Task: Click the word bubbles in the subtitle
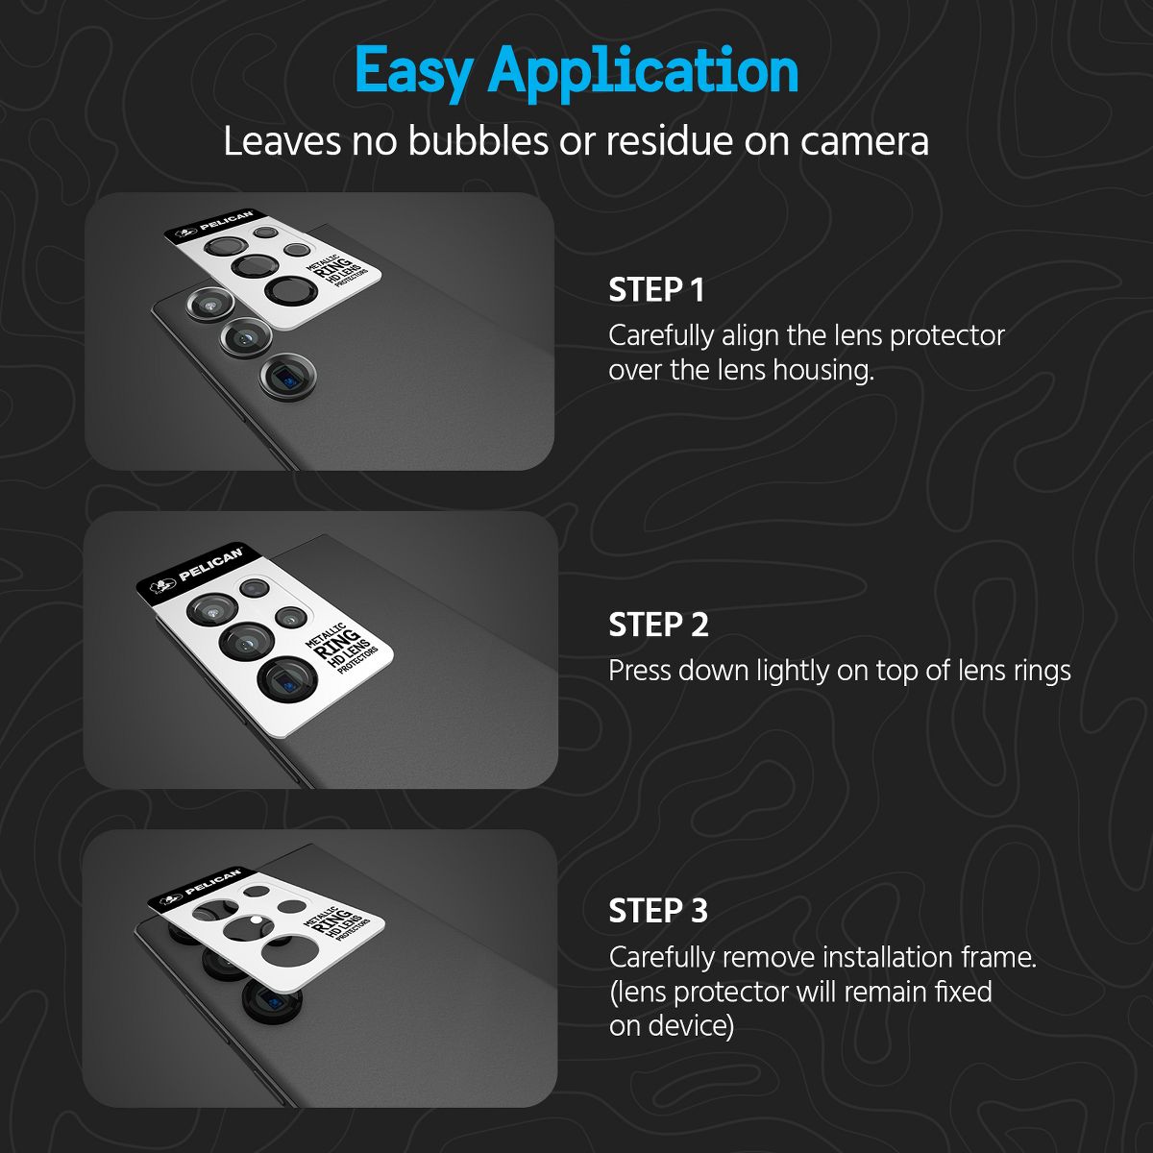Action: (478, 141)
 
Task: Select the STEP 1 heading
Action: (656, 290)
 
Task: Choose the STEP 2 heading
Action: (658, 625)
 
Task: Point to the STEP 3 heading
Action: (658, 911)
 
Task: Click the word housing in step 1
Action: (822, 371)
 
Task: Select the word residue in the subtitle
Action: (670, 141)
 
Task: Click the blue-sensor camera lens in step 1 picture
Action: (288, 377)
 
